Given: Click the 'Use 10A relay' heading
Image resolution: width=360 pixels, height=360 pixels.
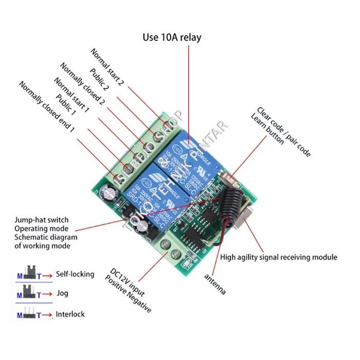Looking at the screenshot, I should click(172, 38).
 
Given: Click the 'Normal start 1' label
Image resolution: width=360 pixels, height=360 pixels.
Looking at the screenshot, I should click(71, 96).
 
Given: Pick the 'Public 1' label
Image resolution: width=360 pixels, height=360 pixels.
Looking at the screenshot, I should click(66, 105).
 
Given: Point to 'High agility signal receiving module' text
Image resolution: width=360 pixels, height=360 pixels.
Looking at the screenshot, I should click(279, 257).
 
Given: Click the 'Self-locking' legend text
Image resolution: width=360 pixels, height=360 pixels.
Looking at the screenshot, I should click(75, 274).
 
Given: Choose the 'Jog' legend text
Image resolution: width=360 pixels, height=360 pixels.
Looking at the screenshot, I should click(62, 294).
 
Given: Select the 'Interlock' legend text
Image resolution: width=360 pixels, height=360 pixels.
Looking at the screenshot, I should click(70, 314).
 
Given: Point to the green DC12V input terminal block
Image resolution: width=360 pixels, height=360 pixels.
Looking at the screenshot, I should click(172, 249).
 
